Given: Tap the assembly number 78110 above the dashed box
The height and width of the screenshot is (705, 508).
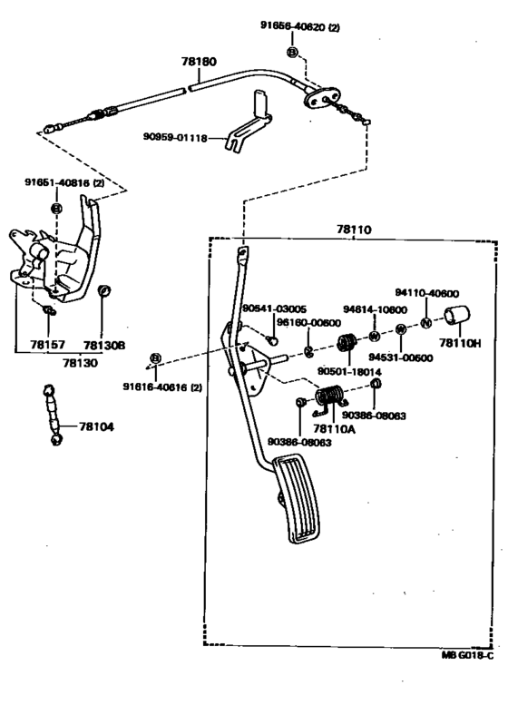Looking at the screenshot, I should (x=353, y=231).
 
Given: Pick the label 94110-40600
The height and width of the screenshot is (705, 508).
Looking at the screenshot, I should (x=426, y=293).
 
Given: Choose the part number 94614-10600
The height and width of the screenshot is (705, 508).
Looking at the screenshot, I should (x=375, y=308).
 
